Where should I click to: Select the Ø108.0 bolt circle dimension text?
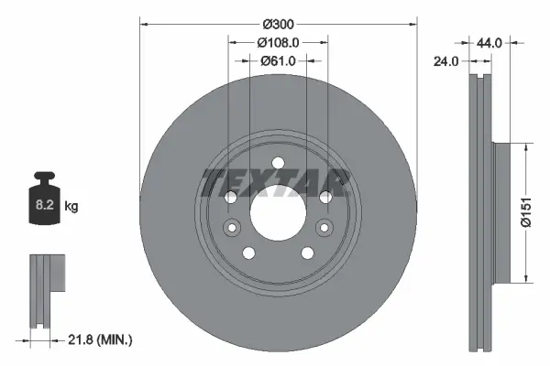[278, 41]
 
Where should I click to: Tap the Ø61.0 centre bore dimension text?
[278, 60]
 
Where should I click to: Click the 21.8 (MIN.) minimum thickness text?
[103, 339]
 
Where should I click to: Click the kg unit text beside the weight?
[71, 207]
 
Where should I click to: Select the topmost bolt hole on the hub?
[278, 166]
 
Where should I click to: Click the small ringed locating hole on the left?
[232, 228]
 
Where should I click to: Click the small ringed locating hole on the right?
[323, 228]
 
